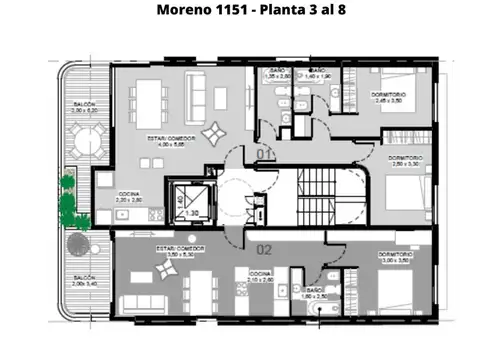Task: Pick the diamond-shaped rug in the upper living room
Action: tap(214, 133)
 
